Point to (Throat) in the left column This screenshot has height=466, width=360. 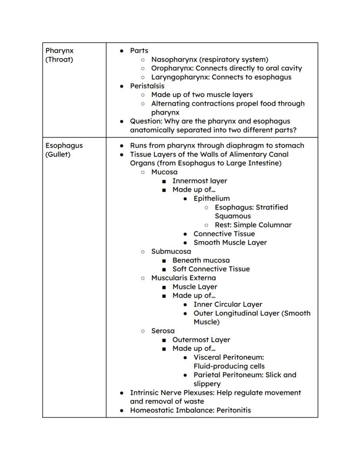59,59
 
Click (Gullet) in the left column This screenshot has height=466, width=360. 58,154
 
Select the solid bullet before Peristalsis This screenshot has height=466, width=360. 122,86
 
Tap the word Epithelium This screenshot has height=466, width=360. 212,198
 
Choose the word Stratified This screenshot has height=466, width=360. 272,207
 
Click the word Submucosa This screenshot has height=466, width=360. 171,251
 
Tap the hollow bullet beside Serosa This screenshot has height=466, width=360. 143,331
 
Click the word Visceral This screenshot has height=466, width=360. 208,357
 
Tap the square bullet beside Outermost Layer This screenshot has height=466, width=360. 164,340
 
